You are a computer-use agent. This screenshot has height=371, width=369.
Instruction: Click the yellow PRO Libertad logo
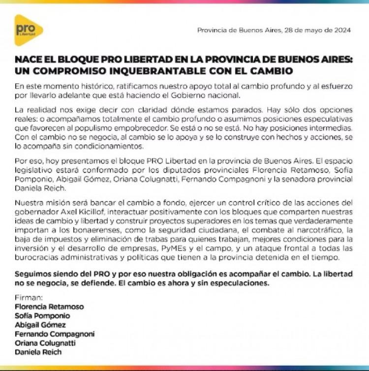click(x=28, y=30)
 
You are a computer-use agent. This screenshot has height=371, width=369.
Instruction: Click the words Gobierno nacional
click(x=213, y=95)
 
